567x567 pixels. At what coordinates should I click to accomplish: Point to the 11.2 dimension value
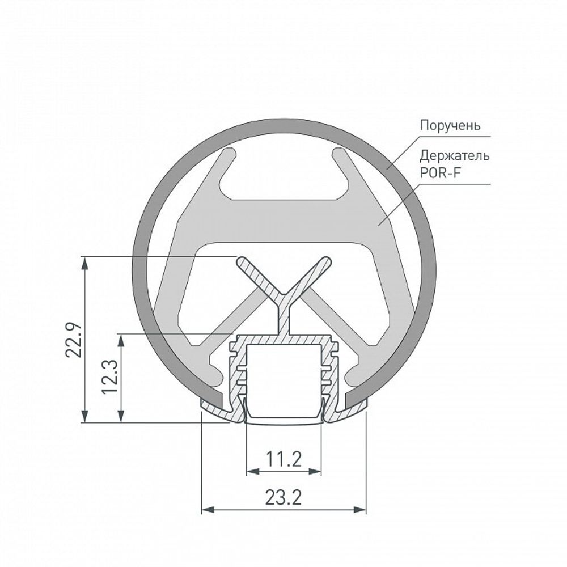point(284,458)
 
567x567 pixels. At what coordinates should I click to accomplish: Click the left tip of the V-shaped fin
point(242,261)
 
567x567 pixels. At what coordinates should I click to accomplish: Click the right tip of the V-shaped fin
point(326,261)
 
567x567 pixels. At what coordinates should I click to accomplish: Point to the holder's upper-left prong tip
point(231,154)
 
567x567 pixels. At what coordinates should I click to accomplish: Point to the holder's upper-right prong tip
point(337,154)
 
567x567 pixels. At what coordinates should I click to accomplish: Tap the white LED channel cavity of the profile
point(283,374)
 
